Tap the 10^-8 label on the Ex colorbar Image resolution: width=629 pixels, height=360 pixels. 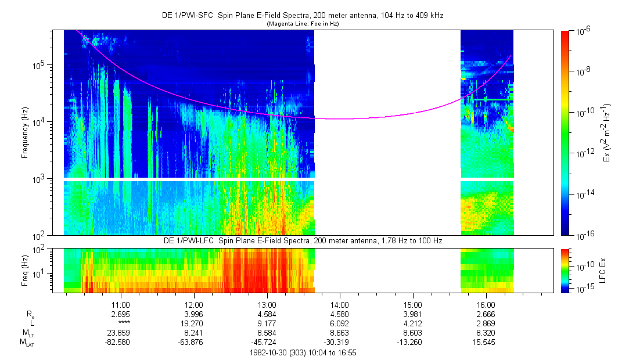coord(581,71)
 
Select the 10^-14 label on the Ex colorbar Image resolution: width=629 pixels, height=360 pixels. coord(583,194)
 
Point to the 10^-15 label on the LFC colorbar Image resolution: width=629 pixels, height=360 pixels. coord(583,289)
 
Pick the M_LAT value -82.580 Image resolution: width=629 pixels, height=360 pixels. coord(120,343)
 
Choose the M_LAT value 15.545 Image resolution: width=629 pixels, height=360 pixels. coord(486,343)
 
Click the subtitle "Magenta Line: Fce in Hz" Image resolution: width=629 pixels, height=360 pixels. coord(303,24)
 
